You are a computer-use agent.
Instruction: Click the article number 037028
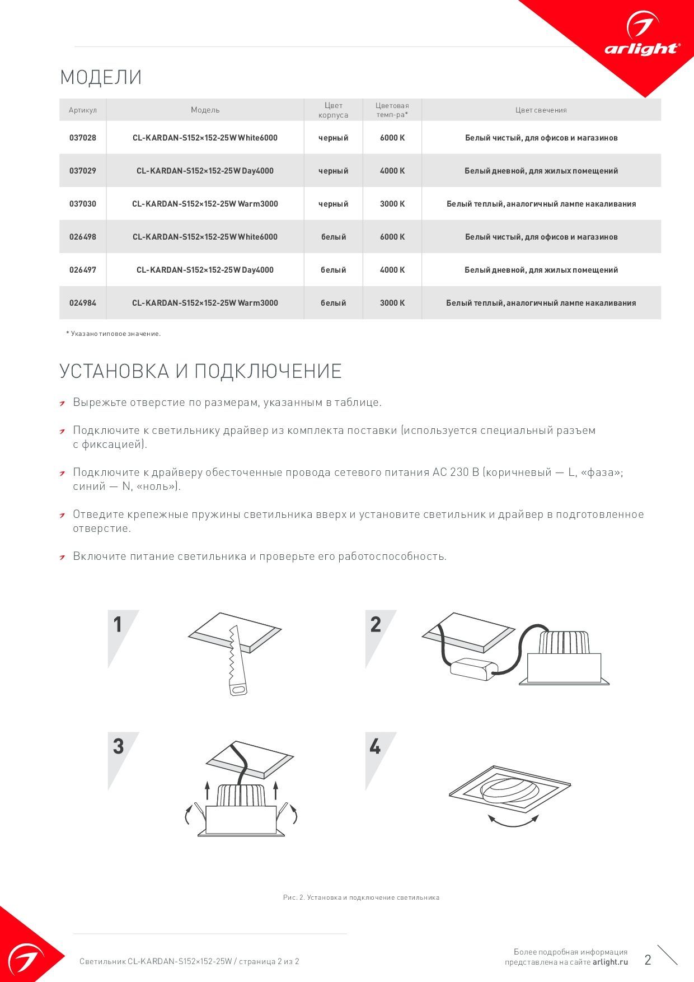coord(83,138)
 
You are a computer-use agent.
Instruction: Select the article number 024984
coord(83,303)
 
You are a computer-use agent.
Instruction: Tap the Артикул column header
coord(83,110)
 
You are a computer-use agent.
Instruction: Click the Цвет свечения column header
coord(541,110)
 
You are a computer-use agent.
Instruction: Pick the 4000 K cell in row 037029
coord(392,171)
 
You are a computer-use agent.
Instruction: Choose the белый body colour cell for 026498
coord(333,237)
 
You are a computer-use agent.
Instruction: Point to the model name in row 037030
coord(205,204)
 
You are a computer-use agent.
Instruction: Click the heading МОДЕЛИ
coord(101,77)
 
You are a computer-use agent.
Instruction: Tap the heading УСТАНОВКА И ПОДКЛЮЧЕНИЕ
coord(200,371)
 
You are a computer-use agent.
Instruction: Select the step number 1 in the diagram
coord(118,624)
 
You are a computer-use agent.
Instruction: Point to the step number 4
coord(374,746)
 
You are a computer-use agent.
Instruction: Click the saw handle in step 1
coord(238,686)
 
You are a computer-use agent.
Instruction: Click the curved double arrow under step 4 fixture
coord(513,822)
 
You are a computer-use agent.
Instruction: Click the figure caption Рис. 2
coord(361,897)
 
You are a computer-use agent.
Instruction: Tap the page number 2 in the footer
coord(648,960)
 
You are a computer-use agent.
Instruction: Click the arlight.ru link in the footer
coord(610,962)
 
